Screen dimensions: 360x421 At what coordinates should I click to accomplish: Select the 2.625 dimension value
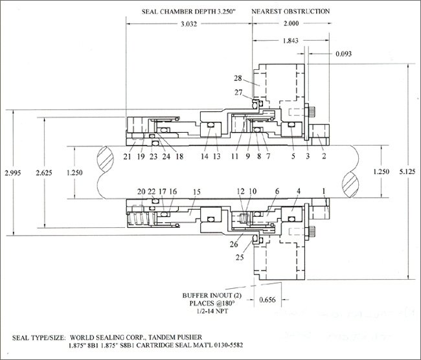point(44,173)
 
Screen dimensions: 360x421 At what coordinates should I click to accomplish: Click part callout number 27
point(239,92)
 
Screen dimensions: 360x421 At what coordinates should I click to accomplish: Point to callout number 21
point(127,156)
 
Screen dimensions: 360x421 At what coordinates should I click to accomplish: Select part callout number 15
point(197,192)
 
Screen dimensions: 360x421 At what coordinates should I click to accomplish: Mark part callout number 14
point(205,156)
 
